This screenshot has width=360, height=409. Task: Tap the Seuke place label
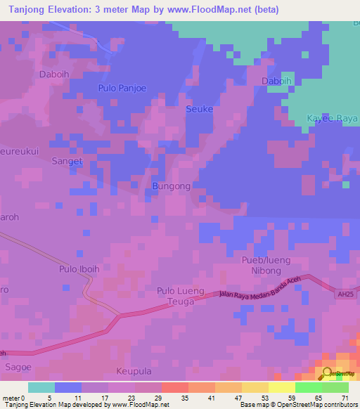pos(199,109)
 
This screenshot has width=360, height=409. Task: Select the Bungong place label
pos(171,186)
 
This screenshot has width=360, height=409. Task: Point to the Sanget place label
pos(67,161)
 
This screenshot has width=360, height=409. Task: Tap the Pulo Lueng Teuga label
pos(181,296)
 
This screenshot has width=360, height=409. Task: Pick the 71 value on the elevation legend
pos(344,398)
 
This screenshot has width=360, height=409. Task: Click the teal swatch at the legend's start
pos(41,387)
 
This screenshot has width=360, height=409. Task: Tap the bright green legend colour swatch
pos(308,387)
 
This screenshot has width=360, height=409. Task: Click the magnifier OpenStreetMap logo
pos(328,375)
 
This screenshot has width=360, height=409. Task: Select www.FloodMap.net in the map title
pos(212,10)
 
